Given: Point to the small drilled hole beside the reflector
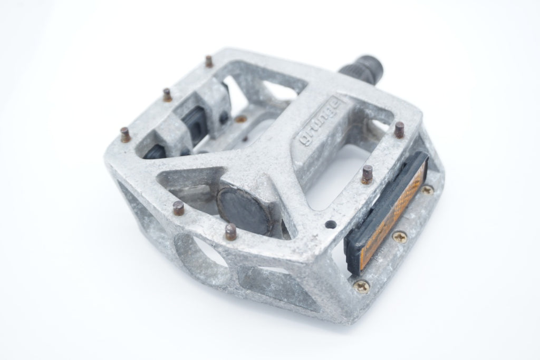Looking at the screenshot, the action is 331,225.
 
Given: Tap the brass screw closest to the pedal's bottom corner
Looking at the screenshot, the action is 362,285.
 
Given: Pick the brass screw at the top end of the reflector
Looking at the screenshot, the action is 427,190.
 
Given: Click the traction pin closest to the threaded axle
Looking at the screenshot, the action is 209,62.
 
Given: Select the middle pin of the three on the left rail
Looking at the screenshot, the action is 167,95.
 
